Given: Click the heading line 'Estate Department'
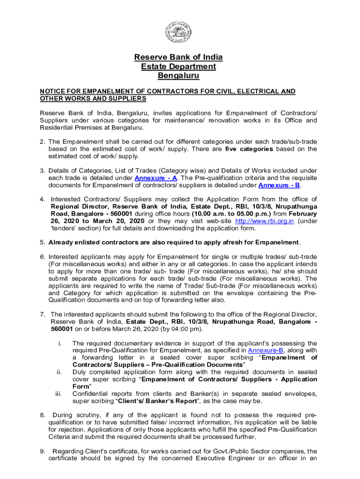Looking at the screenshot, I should [x=178, y=66].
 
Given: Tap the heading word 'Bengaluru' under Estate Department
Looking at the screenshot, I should [x=178, y=75].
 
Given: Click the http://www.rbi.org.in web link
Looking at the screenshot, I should [x=264, y=221].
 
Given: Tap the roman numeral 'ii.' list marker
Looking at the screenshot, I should [x=59, y=372].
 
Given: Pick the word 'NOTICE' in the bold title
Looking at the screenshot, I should [x=51, y=91].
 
